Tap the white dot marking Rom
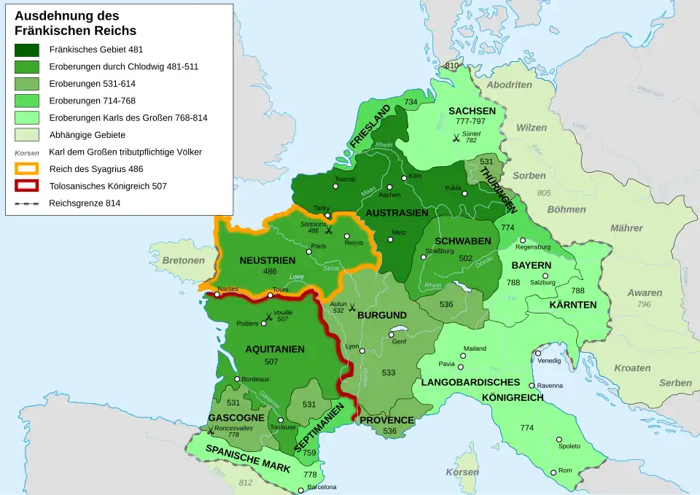click(x=554, y=472)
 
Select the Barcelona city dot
click(x=300, y=491)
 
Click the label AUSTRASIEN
click(x=397, y=213)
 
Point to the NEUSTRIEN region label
click(x=268, y=260)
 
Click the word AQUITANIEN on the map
click(x=275, y=349)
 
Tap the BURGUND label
click(x=382, y=315)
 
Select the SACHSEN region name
click(x=472, y=111)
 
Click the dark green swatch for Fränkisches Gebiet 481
click(x=27, y=50)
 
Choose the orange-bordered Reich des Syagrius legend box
click(x=27, y=169)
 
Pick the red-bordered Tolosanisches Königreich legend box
click(x=27, y=186)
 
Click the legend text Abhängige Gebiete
click(x=87, y=135)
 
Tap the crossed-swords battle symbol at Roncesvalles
click(x=210, y=431)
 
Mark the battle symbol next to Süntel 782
click(x=456, y=137)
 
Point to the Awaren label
click(x=645, y=293)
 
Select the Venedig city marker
click(x=538, y=353)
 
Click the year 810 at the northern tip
click(x=452, y=66)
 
